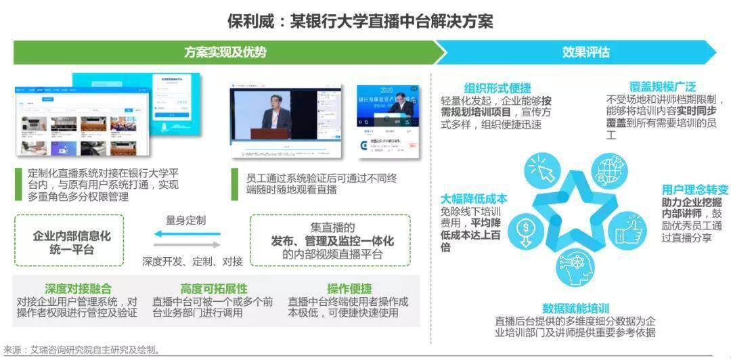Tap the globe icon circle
point(608,171)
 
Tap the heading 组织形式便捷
point(497,88)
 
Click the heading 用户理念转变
point(695,189)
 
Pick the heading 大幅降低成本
point(474,199)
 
